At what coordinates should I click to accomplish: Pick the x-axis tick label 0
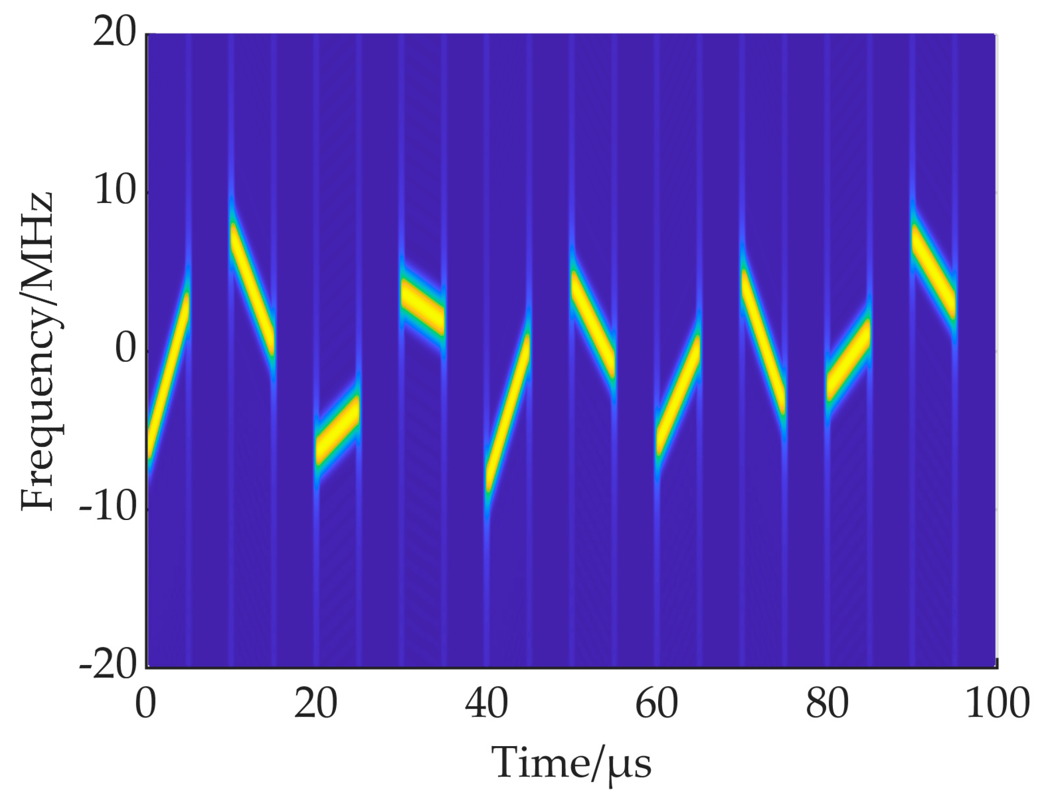coord(146,705)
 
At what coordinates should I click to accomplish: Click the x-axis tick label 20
coord(316,705)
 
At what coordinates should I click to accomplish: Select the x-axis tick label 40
coord(486,705)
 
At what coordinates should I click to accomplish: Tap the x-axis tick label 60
coord(656,705)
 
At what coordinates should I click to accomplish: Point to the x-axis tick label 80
coord(827,705)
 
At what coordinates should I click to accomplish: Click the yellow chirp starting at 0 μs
coord(169,376)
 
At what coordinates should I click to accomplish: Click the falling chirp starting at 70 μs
coord(762,342)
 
